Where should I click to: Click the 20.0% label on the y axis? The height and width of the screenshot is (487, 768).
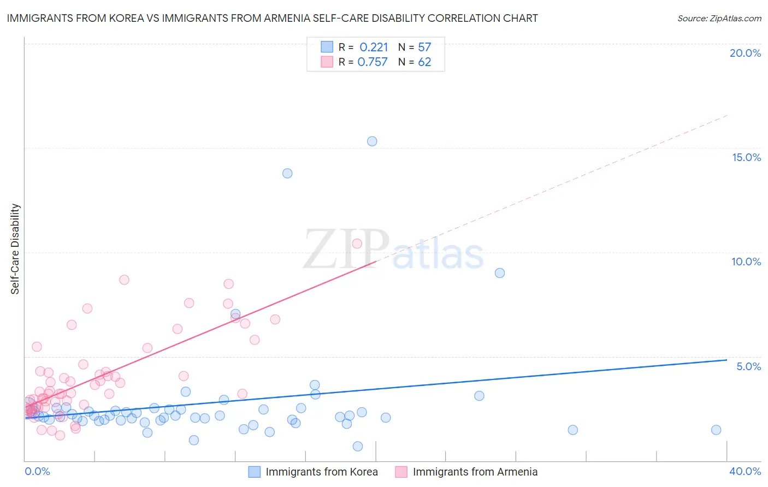pos(745,53)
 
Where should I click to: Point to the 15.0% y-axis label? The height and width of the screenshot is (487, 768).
pos(746,157)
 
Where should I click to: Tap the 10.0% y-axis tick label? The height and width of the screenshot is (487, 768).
pos(746,262)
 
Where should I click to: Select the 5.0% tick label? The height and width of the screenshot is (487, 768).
pos(748,366)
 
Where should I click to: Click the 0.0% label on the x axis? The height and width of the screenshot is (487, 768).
pos(37,471)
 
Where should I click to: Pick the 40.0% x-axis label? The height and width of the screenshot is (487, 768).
pos(745,471)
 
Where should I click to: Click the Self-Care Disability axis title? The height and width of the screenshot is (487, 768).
pos(15,249)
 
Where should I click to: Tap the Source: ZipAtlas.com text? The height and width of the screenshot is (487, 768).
pos(719,19)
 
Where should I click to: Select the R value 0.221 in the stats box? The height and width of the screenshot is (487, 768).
pos(374,47)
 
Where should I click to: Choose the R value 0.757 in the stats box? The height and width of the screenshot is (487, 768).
pos(373,62)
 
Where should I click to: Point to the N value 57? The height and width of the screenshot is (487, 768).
pos(424,47)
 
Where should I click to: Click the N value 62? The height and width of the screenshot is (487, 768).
pos(424,62)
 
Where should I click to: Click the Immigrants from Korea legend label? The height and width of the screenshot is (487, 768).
pos(321,472)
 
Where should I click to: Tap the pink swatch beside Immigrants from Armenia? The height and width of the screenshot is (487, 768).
pos(401,472)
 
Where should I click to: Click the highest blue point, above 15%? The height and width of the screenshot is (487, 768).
pos(372,141)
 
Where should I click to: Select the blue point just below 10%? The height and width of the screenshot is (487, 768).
pos(500,273)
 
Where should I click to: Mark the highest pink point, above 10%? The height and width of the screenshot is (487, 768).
pos(357,243)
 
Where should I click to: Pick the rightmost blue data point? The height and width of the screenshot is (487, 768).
pos(716,430)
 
